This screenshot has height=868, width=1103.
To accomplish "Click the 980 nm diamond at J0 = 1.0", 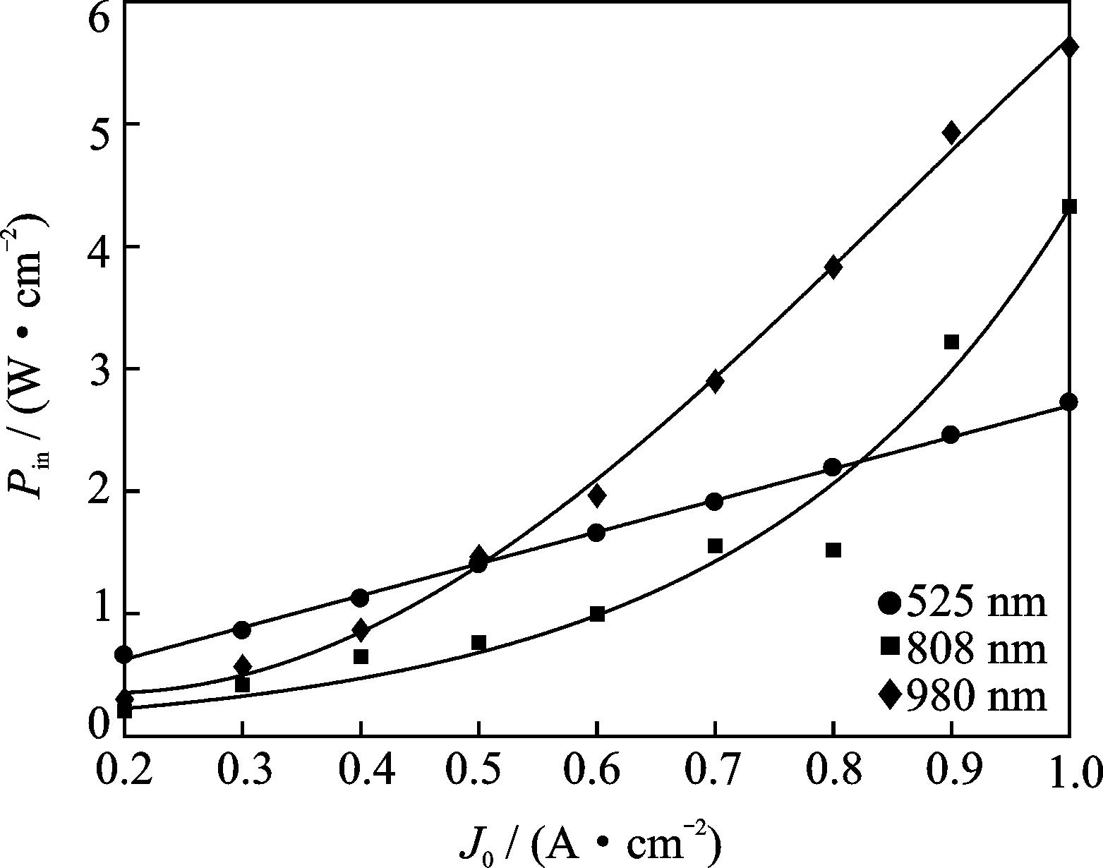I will click(1069, 47).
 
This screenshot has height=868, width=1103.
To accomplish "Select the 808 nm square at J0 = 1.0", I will click(1069, 206).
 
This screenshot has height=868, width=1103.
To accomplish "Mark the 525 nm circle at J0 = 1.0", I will click(1068, 402).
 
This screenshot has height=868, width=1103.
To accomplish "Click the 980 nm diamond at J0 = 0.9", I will click(951, 132).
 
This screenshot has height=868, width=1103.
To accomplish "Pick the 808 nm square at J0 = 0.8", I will click(833, 550).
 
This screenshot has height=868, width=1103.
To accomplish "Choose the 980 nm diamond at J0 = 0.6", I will click(597, 495).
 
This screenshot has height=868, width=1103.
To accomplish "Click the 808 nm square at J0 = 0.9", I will click(951, 342).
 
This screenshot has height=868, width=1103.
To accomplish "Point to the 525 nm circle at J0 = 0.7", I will click(714, 502).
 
